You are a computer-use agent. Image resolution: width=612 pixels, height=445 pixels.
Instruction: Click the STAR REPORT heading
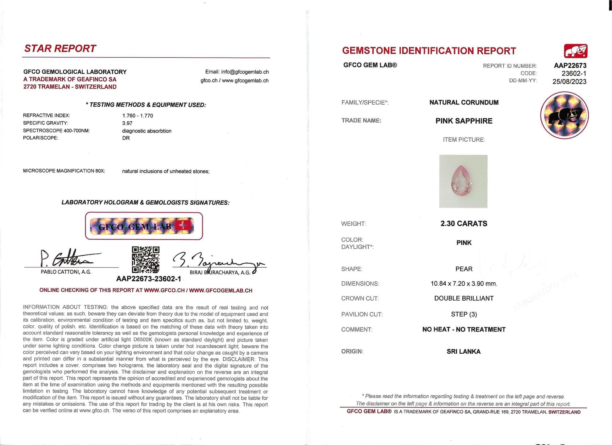(x=60, y=48)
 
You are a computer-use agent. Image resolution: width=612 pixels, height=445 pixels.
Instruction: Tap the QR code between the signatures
(x=145, y=260)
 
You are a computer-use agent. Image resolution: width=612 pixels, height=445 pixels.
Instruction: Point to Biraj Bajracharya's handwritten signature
(x=217, y=261)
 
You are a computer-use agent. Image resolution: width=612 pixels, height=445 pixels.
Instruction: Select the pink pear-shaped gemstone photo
(x=463, y=181)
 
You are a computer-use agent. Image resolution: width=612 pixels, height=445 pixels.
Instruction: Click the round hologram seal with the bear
(x=564, y=115)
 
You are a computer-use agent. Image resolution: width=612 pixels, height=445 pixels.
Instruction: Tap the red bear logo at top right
(x=576, y=51)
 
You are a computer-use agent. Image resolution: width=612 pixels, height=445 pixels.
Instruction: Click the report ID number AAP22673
(x=570, y=66)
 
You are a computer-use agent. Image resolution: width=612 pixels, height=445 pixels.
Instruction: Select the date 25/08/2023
(x=569, y=82)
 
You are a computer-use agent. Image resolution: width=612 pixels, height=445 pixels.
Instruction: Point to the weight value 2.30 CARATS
(x=464, y=224)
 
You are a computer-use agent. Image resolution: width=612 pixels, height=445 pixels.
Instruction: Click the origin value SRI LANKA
(x=464, y=351)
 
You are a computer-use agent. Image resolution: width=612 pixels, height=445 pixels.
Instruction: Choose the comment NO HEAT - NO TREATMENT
(x=464, y=329)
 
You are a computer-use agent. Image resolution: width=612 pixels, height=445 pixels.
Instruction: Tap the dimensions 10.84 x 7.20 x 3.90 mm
(x=464, y=283)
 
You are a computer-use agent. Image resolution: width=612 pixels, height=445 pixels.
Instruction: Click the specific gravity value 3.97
(x=127, y=123)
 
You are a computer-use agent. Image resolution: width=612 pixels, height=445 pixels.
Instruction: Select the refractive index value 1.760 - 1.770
(x=138, y=116)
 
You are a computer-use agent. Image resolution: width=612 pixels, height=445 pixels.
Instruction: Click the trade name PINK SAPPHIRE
(x=464, y=121)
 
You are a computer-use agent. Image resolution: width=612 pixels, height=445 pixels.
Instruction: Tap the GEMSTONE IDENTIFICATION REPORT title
(x=429, y=51)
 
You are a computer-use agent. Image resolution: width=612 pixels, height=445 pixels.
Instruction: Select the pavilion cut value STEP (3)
(x=464, y=314)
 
